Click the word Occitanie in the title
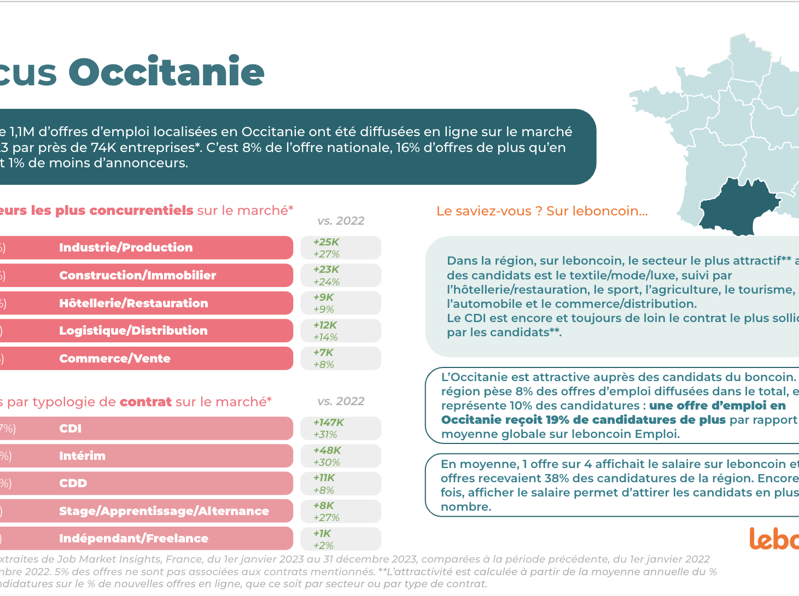[166, 72]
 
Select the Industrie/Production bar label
[126, 248]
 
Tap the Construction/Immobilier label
[137, 276]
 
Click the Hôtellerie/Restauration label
[133, 303]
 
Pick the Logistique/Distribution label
[133, 331]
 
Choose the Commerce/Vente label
[115, 359]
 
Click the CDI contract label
[70, 429]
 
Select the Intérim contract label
[82, 456]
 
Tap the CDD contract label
[73, 483]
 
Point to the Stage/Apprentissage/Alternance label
[164, 511]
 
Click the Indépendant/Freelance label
[133, 539]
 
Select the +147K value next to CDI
[328, 423]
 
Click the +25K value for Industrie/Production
[326, 242]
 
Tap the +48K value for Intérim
[326, 451]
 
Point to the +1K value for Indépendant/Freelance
[322, 534]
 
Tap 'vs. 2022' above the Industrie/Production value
[341, 221]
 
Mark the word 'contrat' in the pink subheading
[145, 402]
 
